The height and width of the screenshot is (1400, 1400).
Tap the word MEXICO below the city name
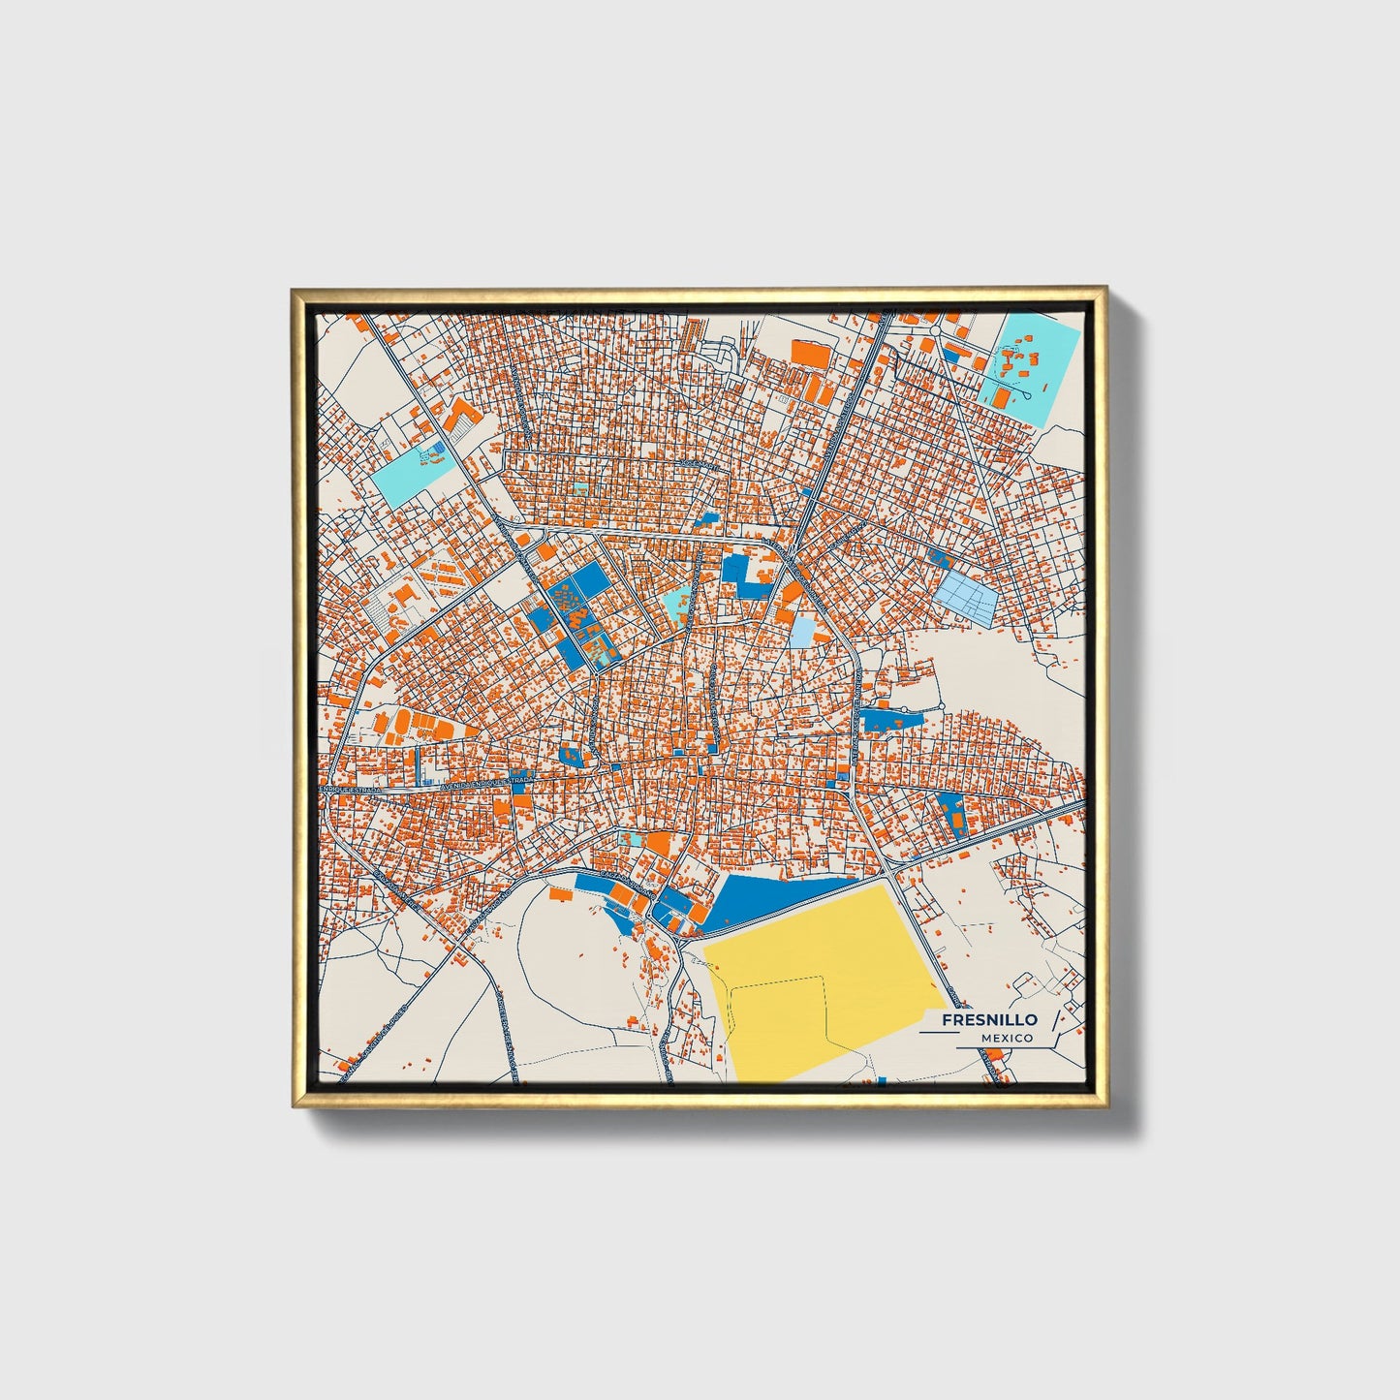[x=1006, y=1038]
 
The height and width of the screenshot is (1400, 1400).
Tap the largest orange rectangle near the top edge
[x=812, y=353]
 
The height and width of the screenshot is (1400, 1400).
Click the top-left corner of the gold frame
[x=293, y=290]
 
